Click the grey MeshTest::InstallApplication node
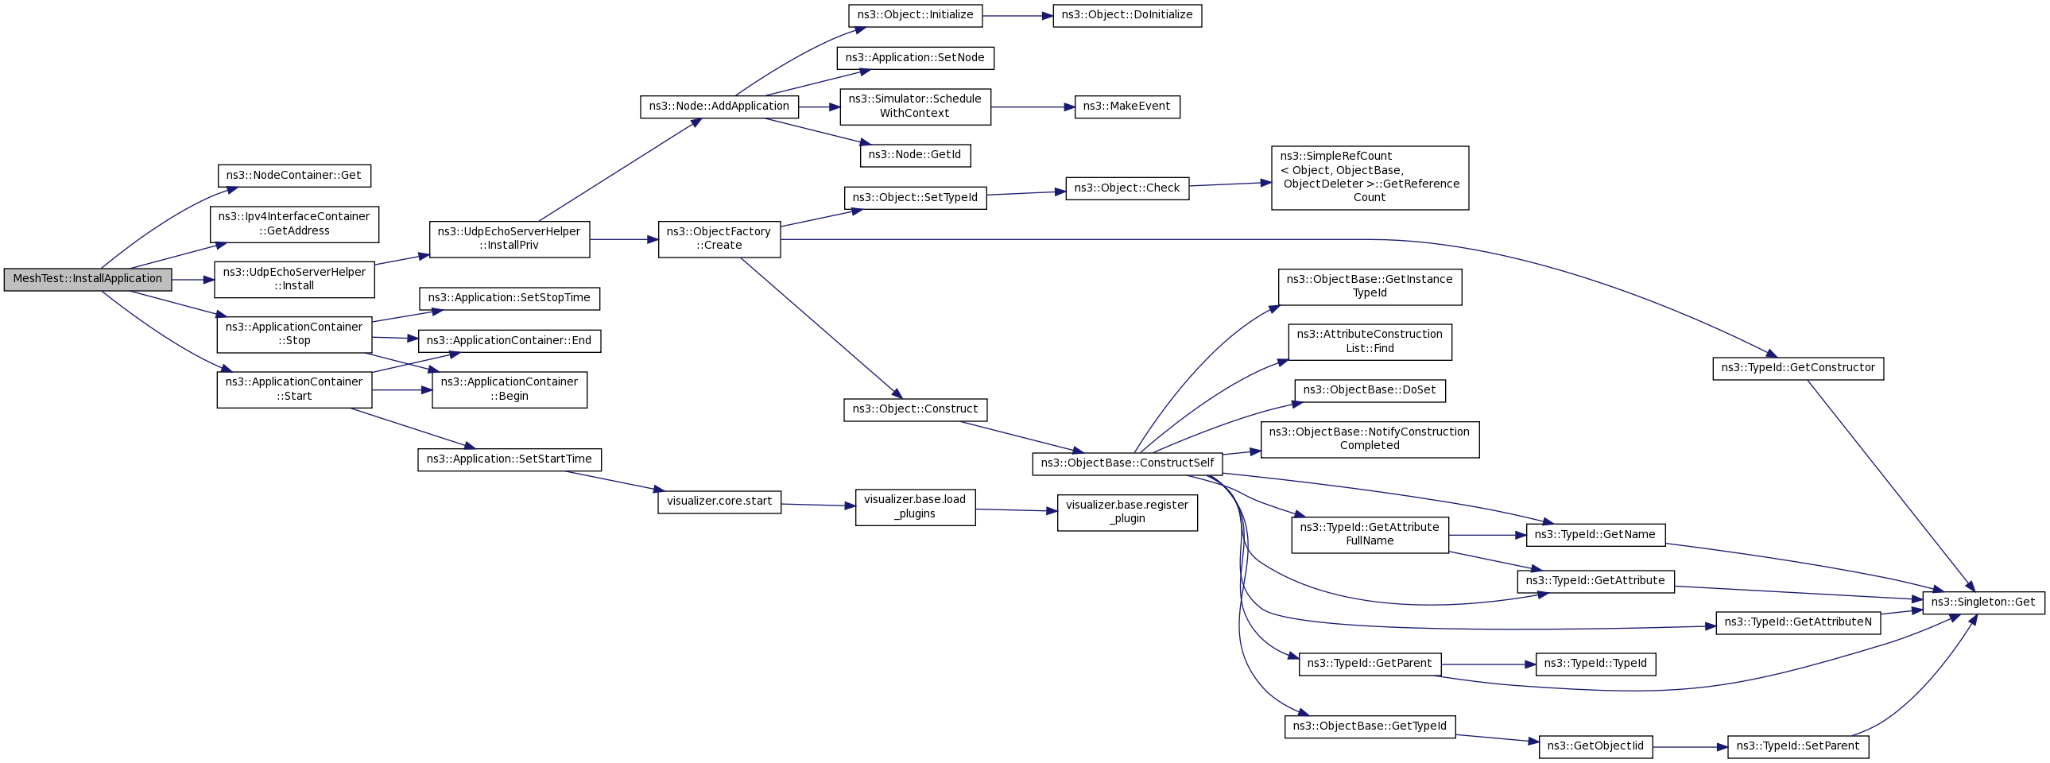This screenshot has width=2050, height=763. [87, 279]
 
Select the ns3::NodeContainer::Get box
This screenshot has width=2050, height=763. [294, 176]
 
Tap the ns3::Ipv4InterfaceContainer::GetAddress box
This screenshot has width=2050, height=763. [294, 224]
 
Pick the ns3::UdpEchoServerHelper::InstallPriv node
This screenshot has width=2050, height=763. [510, 238]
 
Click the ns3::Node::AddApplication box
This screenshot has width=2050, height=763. [719, 107]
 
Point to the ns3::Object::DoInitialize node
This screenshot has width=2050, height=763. [1128, 16]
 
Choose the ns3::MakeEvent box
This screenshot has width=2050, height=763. [1128, 107]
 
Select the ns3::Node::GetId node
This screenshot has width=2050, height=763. [915, 155]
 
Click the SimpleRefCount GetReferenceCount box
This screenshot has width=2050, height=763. [1370, 177]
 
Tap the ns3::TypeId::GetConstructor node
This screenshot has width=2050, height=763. [1799, 368]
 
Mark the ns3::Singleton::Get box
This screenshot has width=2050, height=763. [1984, 602]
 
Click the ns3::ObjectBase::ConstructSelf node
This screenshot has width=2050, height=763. [1128, 464]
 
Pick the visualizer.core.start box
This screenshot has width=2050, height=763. [719, 502]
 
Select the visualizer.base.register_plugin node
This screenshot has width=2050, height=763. [1128, 513]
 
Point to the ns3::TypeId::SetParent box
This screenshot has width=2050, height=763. [1799, 747]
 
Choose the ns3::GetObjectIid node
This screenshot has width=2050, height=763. [1596, 747]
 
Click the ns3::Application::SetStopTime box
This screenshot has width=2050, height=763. [510, 298]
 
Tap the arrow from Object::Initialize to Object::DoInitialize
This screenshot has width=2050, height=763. [1017, 16]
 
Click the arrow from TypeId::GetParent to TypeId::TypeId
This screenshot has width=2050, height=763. [1488, 664]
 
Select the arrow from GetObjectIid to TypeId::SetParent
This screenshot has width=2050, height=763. [1691, 747]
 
